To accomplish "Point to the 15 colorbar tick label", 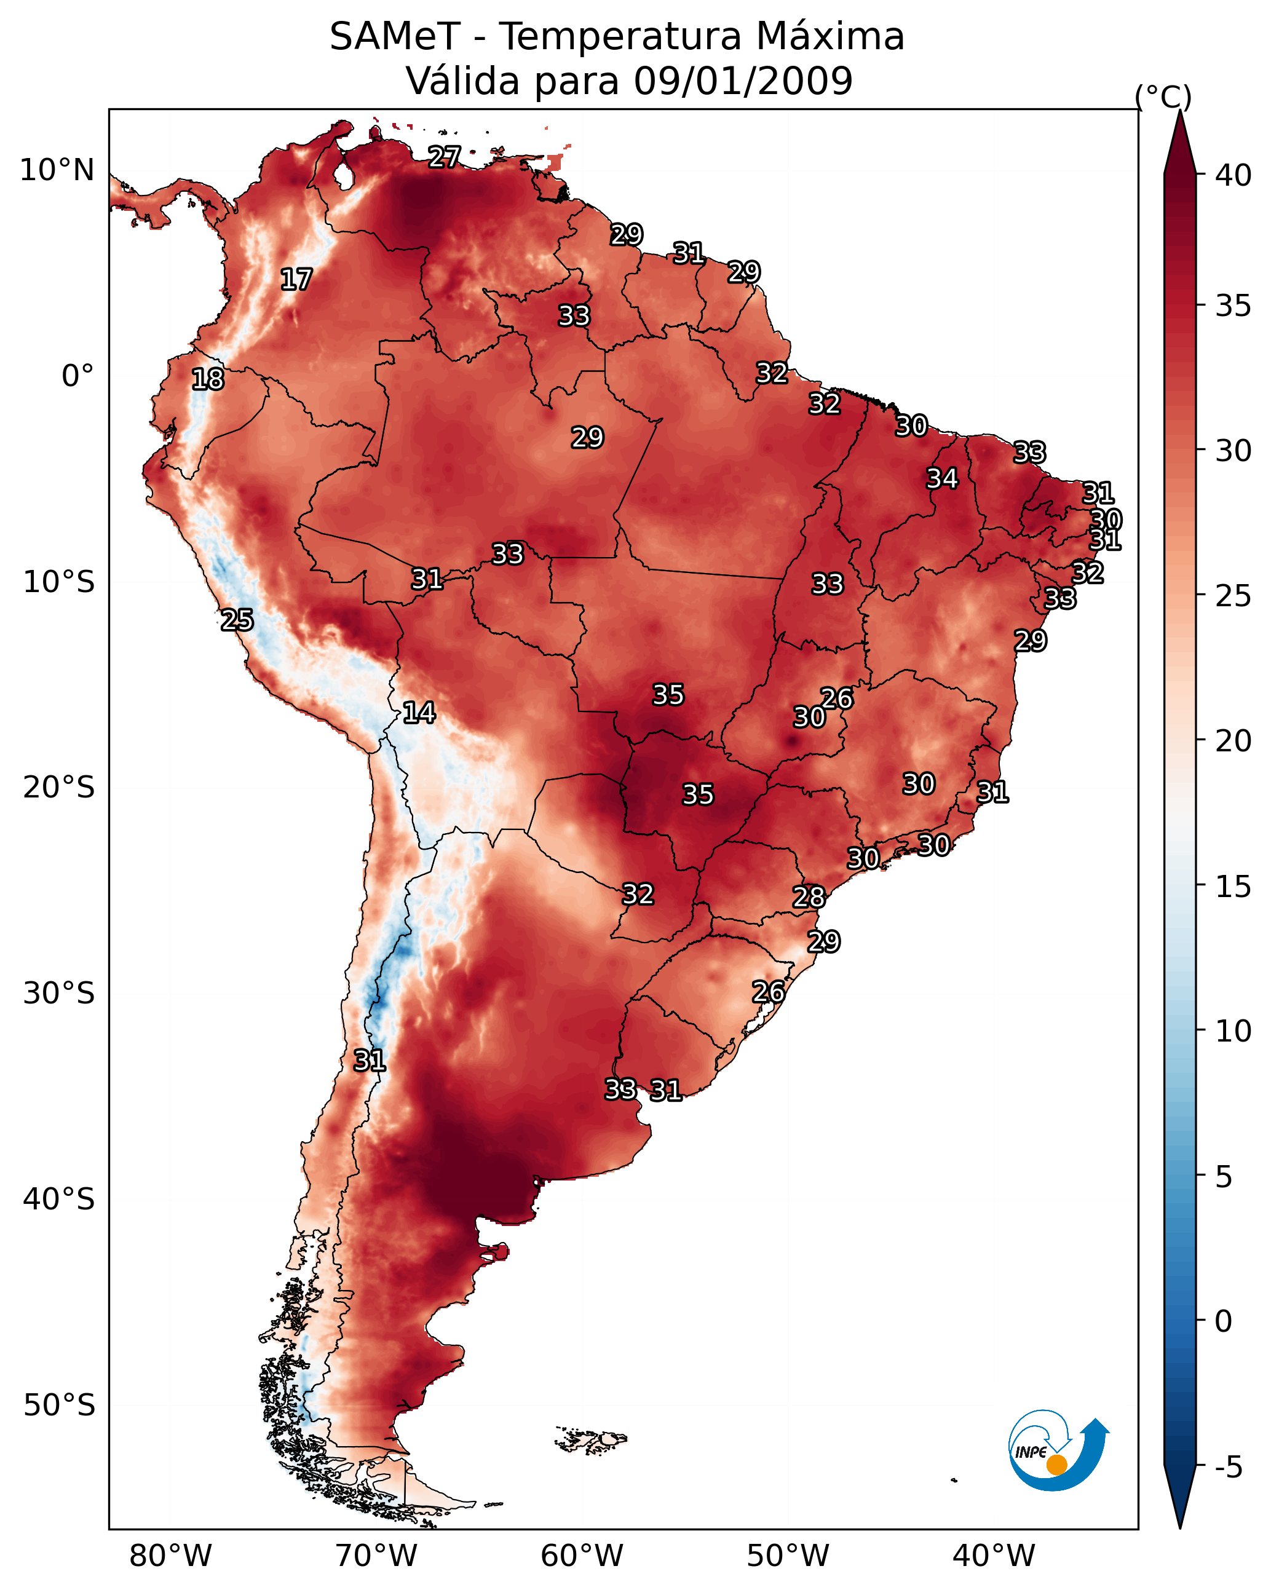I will [x=1233, y=887].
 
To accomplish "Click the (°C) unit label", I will [x=1163, y=97].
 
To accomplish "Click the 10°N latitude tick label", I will [x=57, y=170].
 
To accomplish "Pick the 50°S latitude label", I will [x=59, y=1406].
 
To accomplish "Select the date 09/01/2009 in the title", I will [x=743, y=81].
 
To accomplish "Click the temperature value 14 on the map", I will [x=419, y=713].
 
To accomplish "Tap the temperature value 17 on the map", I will [x=296, y=280].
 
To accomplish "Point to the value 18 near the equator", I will [x=208, y=379].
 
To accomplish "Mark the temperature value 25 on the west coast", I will [x=237, y=620].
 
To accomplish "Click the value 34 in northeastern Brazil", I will [x=942, y=478].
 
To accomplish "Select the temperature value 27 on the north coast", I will [x=444, y=157].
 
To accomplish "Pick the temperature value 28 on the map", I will [x=809, y=897].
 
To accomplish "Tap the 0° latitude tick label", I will [x=77, y=376].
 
